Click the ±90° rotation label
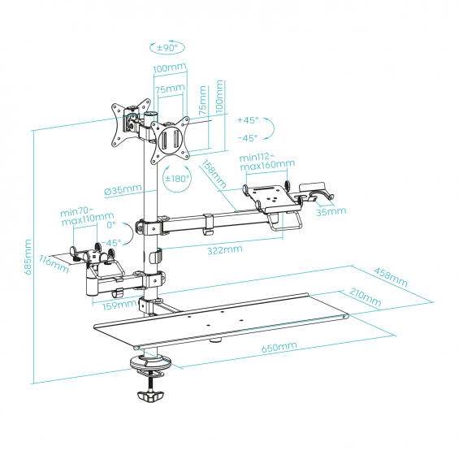tap(167, 47)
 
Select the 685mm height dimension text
tap(28, 257)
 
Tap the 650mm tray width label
tap(279, 347)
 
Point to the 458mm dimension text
tap(391, 277)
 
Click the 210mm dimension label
tap(366, 297)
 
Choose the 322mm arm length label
tap(225, 250)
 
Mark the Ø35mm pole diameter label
tap(123, 189)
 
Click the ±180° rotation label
tap(177, 178)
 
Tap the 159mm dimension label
tap(119, 305)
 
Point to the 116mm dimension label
tap(54, 264)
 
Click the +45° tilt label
tap(248, 120)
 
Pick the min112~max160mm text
tap(267, 162)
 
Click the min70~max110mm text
tap(88, 216)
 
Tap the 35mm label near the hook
tap(331, 211)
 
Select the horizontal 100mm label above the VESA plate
tap(170, 67)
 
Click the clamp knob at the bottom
tap(150, 396)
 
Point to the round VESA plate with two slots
tap(171, 141)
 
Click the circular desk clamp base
tap(151, 362)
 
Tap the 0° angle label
tap(111, 225)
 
